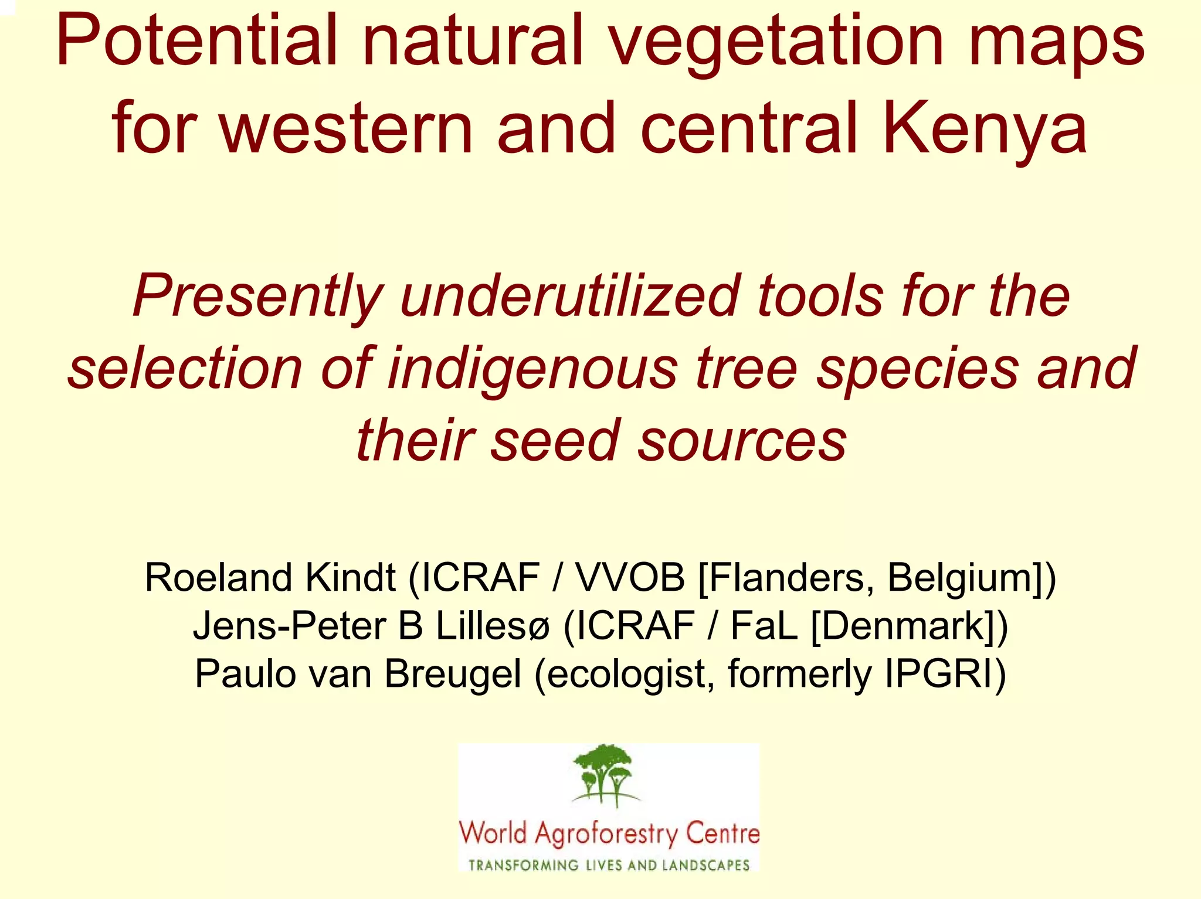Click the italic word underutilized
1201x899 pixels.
pos(569,296)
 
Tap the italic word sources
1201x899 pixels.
pos(742,440)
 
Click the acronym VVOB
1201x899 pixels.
pos(630,578)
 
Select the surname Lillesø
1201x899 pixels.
pos(493,626)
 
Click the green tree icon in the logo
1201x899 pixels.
pos(604,774)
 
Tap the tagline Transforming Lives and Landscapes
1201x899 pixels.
pos(609,865)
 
